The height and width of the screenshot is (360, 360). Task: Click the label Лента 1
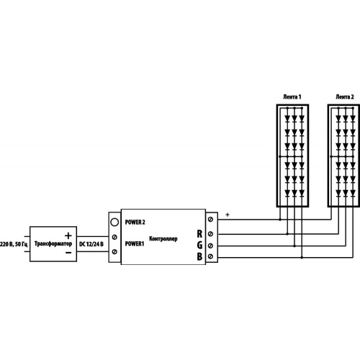click(x=292, y=97)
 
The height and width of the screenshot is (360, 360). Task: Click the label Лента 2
click(x=345, y=97)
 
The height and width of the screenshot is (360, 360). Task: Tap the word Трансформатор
click(x=53, y=244)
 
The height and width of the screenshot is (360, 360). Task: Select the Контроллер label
click(x=163, y=239)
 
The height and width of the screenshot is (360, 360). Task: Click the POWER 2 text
click(x=135, y=222)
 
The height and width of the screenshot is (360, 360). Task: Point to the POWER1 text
click(x=135, y=244)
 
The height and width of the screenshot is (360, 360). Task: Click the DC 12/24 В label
click(x=91, y=244)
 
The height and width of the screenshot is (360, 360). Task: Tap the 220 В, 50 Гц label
click(x=14, y=244)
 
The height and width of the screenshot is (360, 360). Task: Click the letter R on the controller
click(x=199, y=234)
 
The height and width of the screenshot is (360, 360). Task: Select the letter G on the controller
click(x=199, y=245)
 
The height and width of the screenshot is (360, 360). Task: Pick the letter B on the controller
click(x=199, y=256)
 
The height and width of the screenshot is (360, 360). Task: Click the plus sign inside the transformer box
click(x=68, y=235)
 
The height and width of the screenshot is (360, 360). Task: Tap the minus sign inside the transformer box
click(x=68, y=253)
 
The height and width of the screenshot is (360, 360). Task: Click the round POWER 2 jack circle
click(x=114, y=222)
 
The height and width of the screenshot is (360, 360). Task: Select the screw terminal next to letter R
click(x=211, y=234)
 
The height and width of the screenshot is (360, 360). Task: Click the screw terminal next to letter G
click(x=211, y=246)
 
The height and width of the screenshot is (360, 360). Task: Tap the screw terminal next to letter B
click(x=211, y=256)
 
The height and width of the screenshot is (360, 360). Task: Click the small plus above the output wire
click(x=228, y=215)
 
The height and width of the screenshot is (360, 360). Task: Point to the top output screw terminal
click(x=211, y=220)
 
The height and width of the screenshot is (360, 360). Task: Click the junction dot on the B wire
click(x=302, y=258)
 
